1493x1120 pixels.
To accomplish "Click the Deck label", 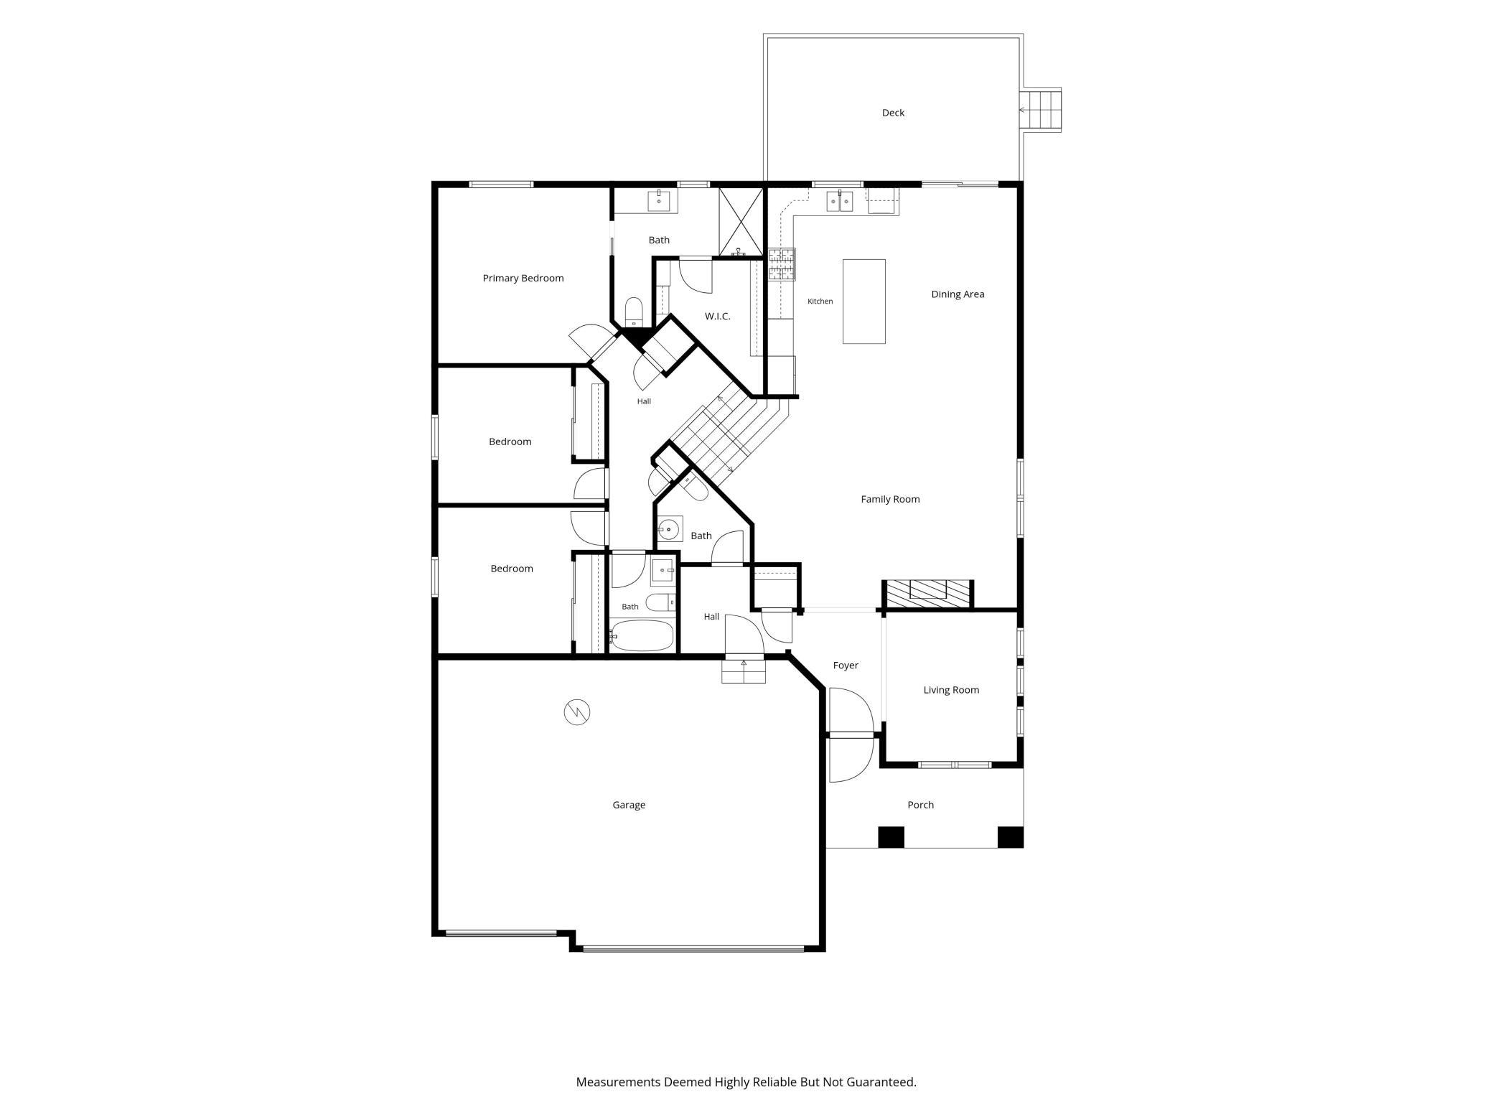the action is [x=893, y=113].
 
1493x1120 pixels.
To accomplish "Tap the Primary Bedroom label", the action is [x=523, y=279].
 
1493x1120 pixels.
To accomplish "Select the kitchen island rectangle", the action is [x=863, y=302].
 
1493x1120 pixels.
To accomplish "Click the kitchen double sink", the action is [x=839, y=202].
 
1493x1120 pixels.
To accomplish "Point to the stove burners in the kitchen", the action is [x=782, y=263].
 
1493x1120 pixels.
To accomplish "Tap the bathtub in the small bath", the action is [x=642, y=635].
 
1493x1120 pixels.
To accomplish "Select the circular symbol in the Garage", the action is [x=576, y=712].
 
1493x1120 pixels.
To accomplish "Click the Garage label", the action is [x=629, y=805].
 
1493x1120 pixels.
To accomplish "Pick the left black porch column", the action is [x=891, y=837].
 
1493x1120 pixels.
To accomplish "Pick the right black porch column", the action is [x=1011, y=837].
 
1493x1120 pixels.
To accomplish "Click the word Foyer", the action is [x=846, y=666].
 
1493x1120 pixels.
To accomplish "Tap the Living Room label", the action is [x=951, y=690].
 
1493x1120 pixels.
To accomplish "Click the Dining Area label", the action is [x=958, y=294].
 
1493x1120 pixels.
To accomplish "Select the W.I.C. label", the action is [x=717, y=316].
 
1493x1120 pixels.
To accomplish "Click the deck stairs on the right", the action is [x=1041, y=111].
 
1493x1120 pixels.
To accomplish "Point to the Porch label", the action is [x=920, y=805].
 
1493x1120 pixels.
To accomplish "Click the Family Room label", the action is [x=890, y=500].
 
